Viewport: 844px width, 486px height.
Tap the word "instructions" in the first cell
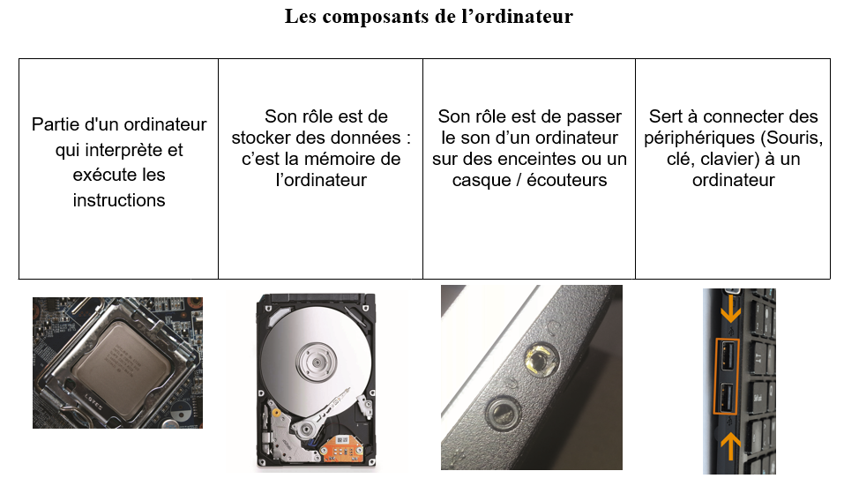point(119,200)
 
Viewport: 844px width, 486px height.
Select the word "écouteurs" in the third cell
point(567,180)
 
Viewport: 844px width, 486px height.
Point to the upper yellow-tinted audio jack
point(542,358)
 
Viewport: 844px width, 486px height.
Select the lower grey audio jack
point(503,413)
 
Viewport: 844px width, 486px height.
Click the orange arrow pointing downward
point(730,306)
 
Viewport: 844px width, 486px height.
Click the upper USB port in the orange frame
point(728,355)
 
